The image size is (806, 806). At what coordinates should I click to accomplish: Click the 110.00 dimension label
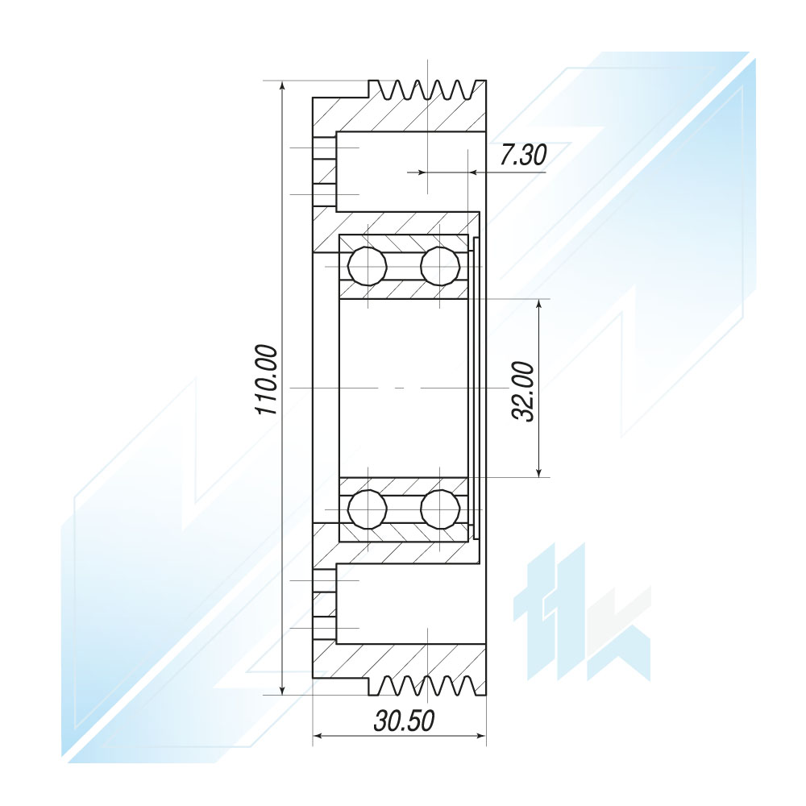pos(266,380)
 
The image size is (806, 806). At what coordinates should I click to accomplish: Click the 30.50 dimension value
pos(404,720)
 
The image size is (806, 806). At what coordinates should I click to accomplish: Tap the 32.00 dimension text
pos(524,391)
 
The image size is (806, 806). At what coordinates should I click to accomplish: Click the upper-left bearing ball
pos(367,266)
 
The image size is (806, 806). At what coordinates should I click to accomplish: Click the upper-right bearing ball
pos(440,266)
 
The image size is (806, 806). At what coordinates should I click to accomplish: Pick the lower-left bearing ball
pos(367,509)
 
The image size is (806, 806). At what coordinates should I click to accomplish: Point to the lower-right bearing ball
pos(440,509)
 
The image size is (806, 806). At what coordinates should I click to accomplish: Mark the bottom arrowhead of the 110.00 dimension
pos(282,688)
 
